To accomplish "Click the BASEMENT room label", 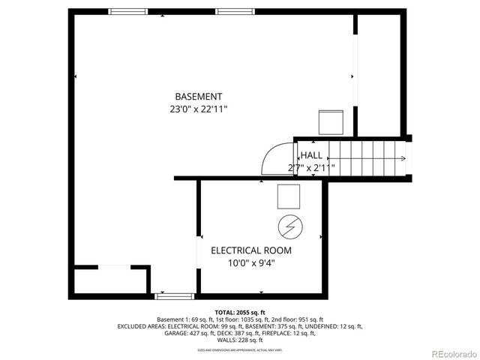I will pyautogui.click(x=198, y=97).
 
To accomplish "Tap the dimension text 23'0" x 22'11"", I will pyautogui.click(x=198, y=109).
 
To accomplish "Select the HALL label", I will pyautogui.click(x=311, y=155).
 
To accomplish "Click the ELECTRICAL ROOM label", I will pyautogui.click(x=250, y=250).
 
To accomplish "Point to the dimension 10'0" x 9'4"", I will pyautogui.click(x=250, y=263).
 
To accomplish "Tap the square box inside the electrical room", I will pyautogui.click(x=289, y=196).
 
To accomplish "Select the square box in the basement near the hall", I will pyautogui.click(x=330, y=121).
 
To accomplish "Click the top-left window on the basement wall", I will pyautogui.click(x=127, y=12).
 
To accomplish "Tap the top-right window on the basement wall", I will pyautogui.click(x=234, y=12).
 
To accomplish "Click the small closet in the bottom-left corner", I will pyautogui.click(x=110, y=280).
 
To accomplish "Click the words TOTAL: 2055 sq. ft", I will pyautogui.click(x=240, y=312).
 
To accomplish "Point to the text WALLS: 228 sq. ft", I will pyautogui.click(x=240, y=340).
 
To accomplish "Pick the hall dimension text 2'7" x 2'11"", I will pyautogui.click(x=311, y=168).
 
